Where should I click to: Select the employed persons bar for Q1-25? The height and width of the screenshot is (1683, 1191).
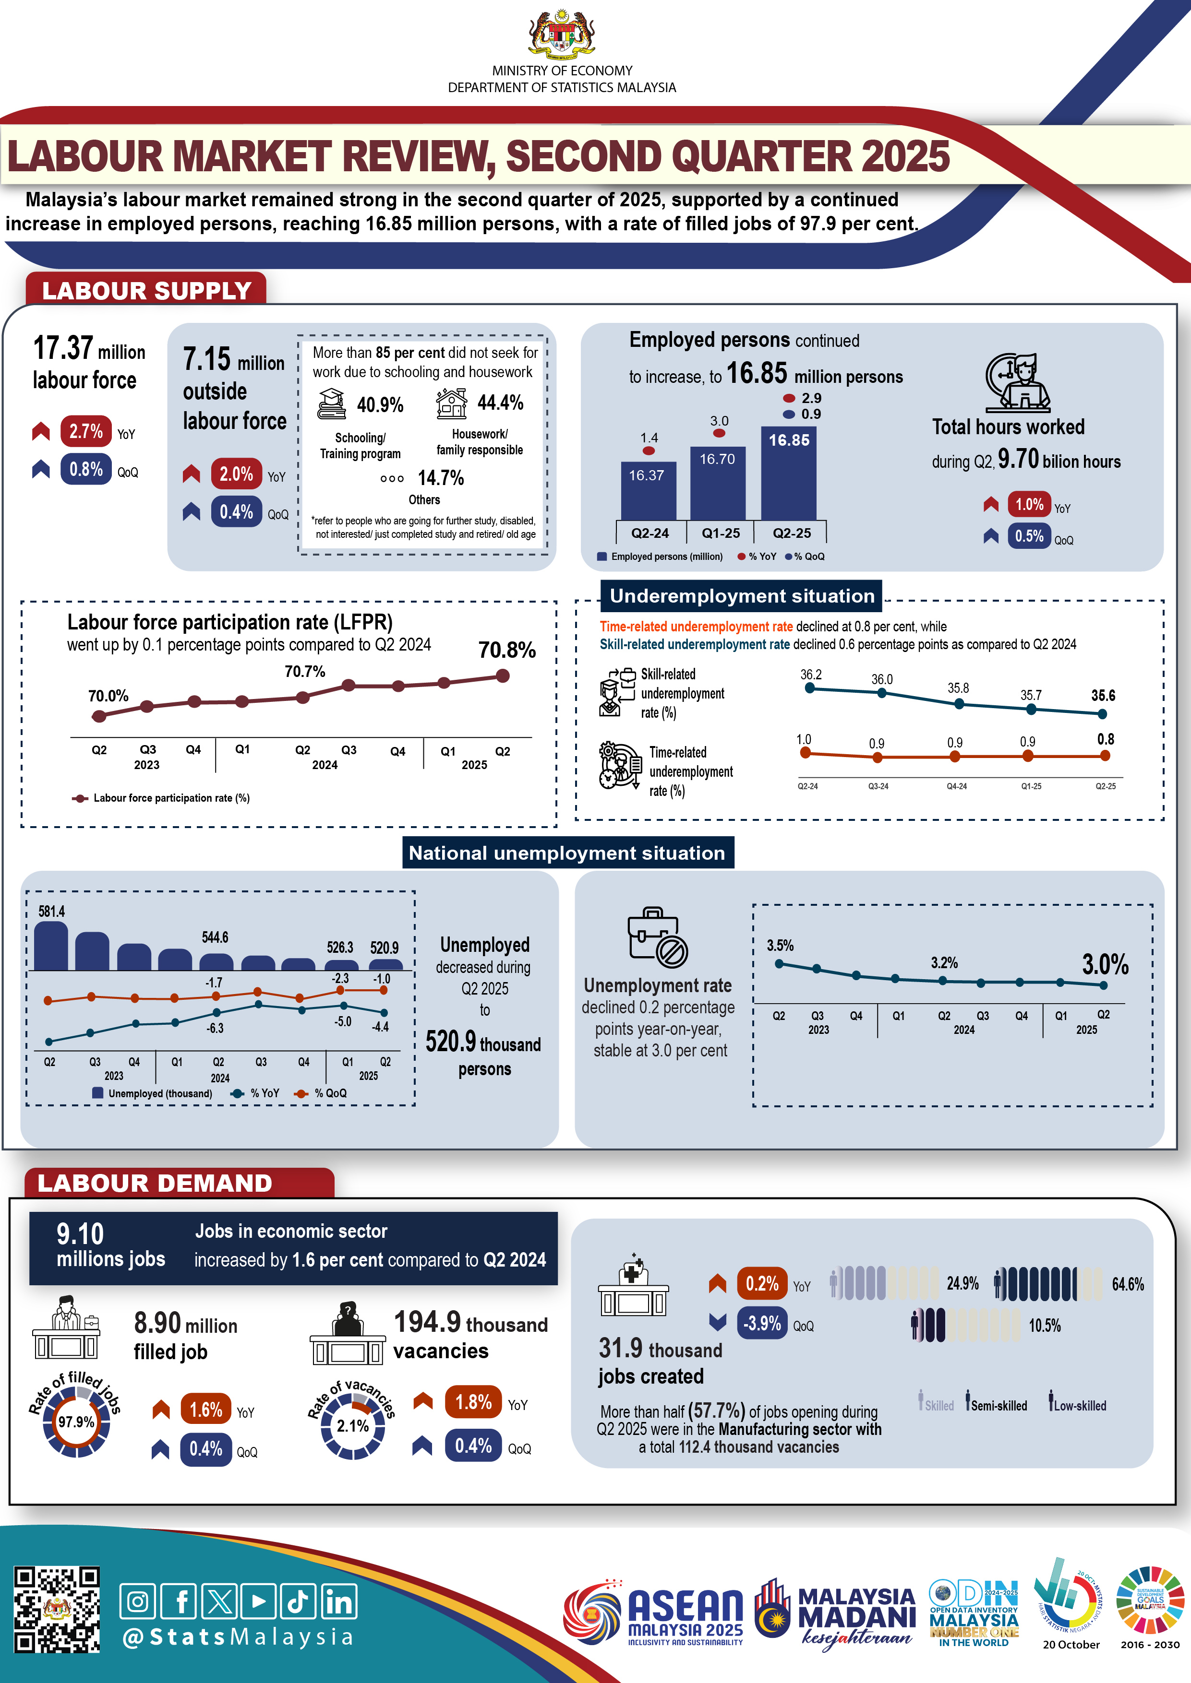pos(717,484)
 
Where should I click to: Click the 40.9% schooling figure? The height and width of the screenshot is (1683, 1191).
pos(380,404)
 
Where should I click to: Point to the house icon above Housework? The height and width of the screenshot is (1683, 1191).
pos(451,403)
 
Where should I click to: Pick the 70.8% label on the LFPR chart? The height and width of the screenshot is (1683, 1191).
pos(507,650)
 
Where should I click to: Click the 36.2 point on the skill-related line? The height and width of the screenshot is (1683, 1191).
pos(810,687)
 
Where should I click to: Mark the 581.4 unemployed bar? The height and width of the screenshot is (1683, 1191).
pos(51,946)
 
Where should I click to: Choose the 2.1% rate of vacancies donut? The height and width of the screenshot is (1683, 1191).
pos(353,1426)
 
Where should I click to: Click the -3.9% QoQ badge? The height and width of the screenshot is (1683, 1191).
pos(762,1323)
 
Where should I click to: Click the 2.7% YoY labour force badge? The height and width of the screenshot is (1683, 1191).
pos(86,432)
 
